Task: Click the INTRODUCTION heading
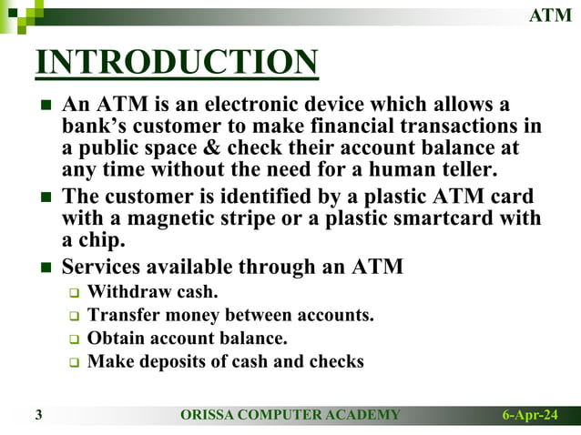pyautogui.click(x=177, y=63)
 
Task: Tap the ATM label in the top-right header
pyautogui.click(x=552, y=15)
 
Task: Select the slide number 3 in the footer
pyautogui.click(x=39, y=416)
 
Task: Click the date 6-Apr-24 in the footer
pyautogui.click(x=530, y=416)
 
